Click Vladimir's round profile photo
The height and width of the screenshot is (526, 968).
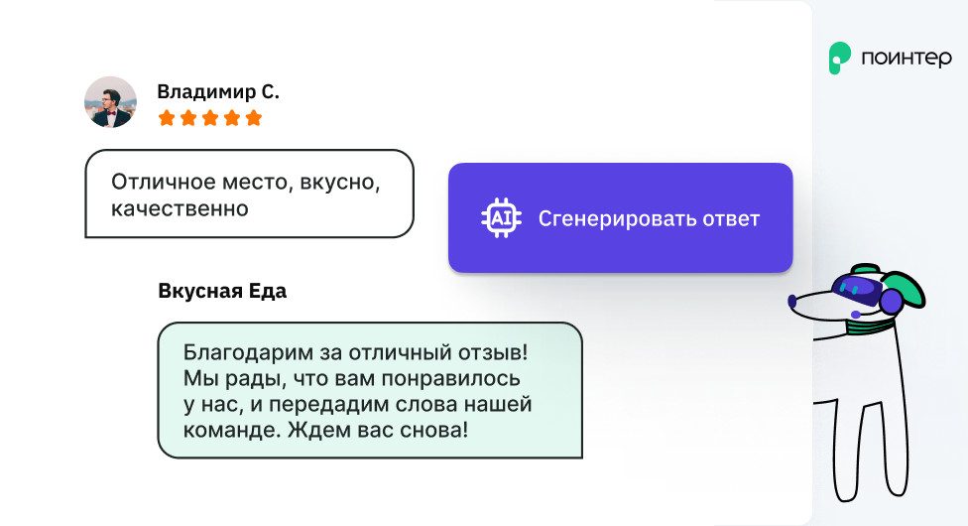110,102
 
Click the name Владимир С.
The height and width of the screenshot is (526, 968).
218,91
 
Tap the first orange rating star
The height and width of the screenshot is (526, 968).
167,117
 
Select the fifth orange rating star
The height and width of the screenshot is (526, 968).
254,117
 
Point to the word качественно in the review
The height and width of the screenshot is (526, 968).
180,209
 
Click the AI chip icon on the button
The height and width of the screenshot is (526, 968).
501,218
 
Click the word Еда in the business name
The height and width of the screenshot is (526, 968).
268,291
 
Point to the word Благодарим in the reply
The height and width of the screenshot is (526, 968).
248,352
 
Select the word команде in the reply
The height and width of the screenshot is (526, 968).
232,430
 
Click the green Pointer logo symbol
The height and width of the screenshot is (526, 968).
839,59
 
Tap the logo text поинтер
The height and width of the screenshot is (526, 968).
907,59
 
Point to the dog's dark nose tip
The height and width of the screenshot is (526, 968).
792,301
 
